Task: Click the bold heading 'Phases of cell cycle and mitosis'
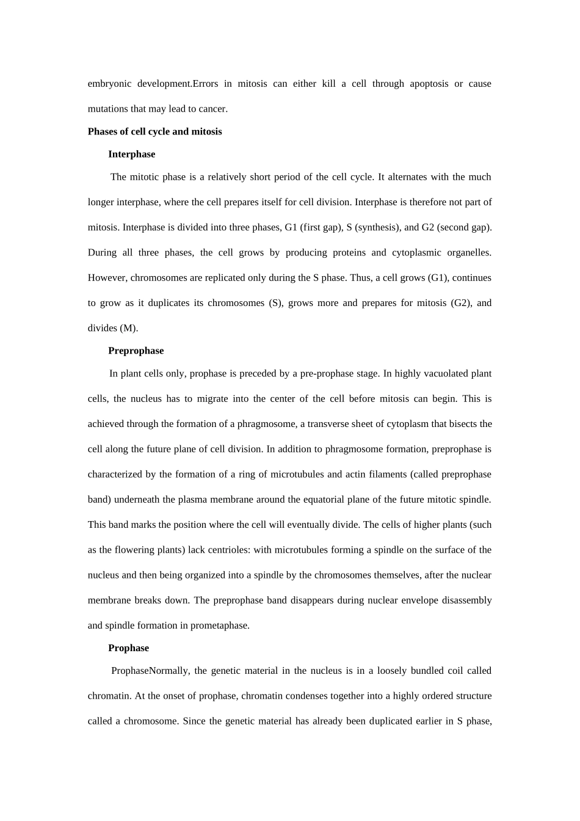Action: [x=154, y=131]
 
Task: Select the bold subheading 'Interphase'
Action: [x=131, y=154]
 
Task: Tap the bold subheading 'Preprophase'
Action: [x=136, y=351]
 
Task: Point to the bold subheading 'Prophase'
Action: [x=128, y=648]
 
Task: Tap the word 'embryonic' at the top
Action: [x=108, y=84]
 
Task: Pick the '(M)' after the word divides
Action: [x=128, y=328]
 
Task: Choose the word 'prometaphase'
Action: [x=219, y=626]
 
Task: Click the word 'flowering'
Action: [x=135, y=550]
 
